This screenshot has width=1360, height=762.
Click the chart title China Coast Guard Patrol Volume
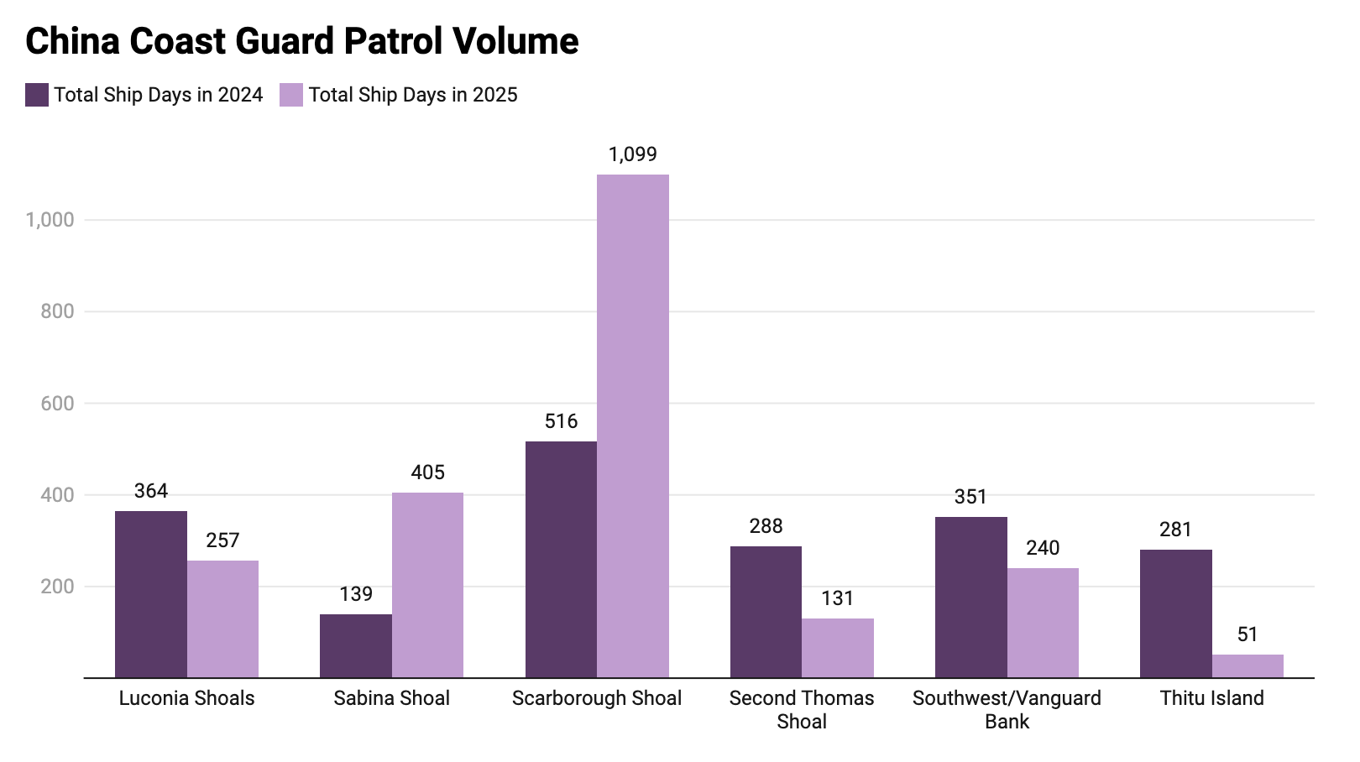tap(302, 41)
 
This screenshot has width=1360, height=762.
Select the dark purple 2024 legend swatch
tap(37, 95)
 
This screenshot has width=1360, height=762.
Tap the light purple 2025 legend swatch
tap(291, 95)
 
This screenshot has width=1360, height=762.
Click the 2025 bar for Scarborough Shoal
tap(633, 425)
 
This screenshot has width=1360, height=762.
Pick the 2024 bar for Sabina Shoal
tap(356, 645)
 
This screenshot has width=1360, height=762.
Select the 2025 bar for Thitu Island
tap(1248, 665)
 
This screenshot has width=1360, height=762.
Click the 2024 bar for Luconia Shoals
tap(151, 593)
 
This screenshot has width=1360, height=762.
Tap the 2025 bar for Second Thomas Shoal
tap(838, 647)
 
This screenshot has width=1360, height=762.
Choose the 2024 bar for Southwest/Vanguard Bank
tap(971, 597)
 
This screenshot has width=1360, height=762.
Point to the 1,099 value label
tap(633, 154)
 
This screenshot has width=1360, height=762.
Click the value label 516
tap(562, 421)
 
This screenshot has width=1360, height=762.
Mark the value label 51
tap(1248, 634)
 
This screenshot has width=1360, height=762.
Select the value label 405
tap(428, 472)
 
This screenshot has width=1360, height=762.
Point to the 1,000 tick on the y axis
tap(50, 220)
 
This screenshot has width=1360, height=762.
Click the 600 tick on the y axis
tap(57, 404)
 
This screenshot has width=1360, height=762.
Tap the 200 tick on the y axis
tap(57, 587)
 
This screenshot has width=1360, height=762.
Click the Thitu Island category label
tap(1211, 698)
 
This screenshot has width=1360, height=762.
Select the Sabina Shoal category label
tap(392, 698)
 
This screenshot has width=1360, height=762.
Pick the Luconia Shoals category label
tap(186, 698)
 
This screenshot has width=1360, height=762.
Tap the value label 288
tap(766, 526)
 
